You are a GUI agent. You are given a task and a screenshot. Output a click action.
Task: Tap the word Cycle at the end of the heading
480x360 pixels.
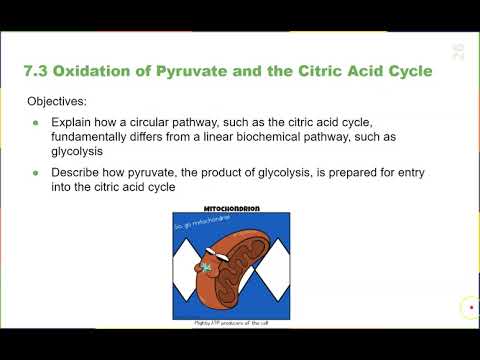[407, 72]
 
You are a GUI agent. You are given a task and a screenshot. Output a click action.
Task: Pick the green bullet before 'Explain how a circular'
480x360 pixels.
[38, 123]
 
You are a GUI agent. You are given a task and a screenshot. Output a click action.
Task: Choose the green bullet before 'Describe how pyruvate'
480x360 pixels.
[38, 172]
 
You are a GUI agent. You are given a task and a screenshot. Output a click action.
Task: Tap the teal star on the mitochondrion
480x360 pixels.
[206, 268]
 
